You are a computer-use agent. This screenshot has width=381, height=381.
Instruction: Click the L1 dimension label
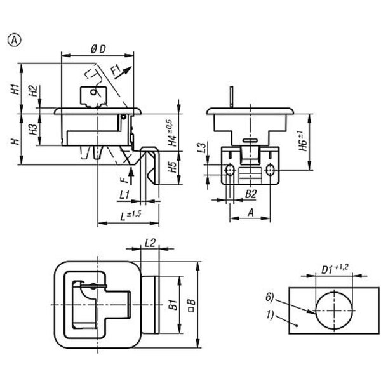[124, 194]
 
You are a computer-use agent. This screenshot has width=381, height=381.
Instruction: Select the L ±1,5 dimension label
[130, 215]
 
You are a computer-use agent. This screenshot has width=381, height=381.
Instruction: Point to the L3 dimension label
[201, 149]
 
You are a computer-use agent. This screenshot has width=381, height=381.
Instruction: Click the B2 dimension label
[251, 194]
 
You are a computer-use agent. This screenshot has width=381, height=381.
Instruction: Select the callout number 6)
[270, 297]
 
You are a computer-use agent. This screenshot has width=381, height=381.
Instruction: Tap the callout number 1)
[270, 314]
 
